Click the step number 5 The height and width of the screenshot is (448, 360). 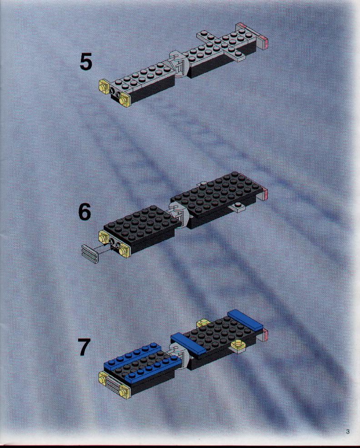[85, 62]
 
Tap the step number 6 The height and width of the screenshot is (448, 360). [85, 212]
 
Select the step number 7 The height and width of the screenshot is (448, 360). [85, 347]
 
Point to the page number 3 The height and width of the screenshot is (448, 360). [347, 431]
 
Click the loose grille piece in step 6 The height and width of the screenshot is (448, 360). [90, 253]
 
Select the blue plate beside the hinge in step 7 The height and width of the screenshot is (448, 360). [188, 343]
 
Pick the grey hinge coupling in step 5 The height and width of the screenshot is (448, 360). [179, 64]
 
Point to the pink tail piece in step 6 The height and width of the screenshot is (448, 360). [265, 194]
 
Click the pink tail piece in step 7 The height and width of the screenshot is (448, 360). [265, 335]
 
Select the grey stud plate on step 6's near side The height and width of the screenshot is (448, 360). [238, 206]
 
